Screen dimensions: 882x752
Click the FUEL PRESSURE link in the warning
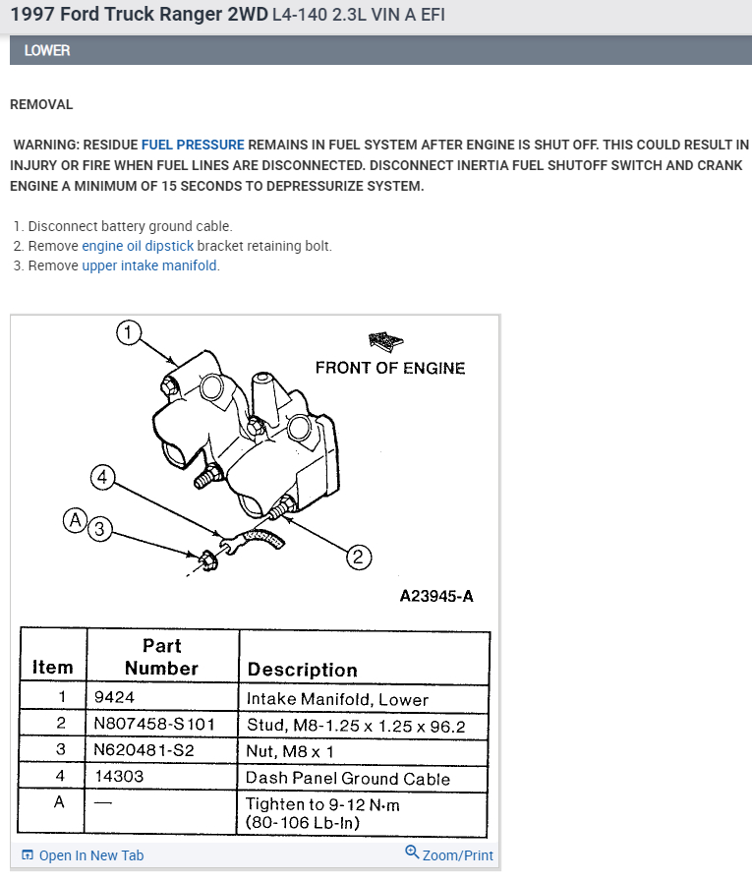[x=193, y=144]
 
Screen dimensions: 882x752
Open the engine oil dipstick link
[x=138, y=246]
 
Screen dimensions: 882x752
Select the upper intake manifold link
[x=149, y=265]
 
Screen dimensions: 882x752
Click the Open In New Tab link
[x=83, y=855]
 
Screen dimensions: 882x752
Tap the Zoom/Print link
[x=449, y=854]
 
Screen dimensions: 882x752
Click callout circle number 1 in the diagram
[x=129, y=332]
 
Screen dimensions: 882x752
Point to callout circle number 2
[x=358, y=558]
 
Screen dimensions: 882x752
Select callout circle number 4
[x=102, y=478]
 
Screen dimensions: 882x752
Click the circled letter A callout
[x=75, y=520]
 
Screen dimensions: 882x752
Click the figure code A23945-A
[x=436, y=596]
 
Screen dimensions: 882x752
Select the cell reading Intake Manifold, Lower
[x=337, y=699]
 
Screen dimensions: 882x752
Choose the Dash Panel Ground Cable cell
[x=348, y=778]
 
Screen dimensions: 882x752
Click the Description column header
[x=303, y=670]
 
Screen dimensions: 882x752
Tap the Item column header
[x=53, y=667]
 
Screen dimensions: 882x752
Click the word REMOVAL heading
[x=41, y=104]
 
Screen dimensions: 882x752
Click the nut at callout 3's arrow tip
[x=207, y=559]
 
